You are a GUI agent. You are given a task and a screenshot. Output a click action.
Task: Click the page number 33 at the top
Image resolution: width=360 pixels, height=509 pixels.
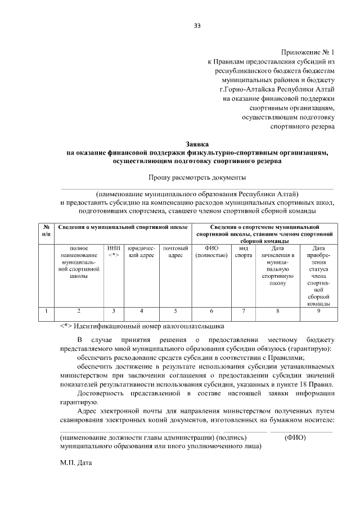[x=197, y=26]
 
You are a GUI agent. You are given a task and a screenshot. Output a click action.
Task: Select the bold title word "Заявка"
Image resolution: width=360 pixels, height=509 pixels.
[x=197, y=144]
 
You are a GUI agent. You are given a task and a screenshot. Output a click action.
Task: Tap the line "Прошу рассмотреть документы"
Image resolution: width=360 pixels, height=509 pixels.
[x=197, y=178]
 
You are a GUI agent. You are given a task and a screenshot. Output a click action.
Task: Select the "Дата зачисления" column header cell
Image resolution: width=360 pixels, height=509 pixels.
[x=277, y=264]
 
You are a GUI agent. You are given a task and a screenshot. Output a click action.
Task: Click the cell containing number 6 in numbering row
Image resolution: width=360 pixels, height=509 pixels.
[x=211, y=310]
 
